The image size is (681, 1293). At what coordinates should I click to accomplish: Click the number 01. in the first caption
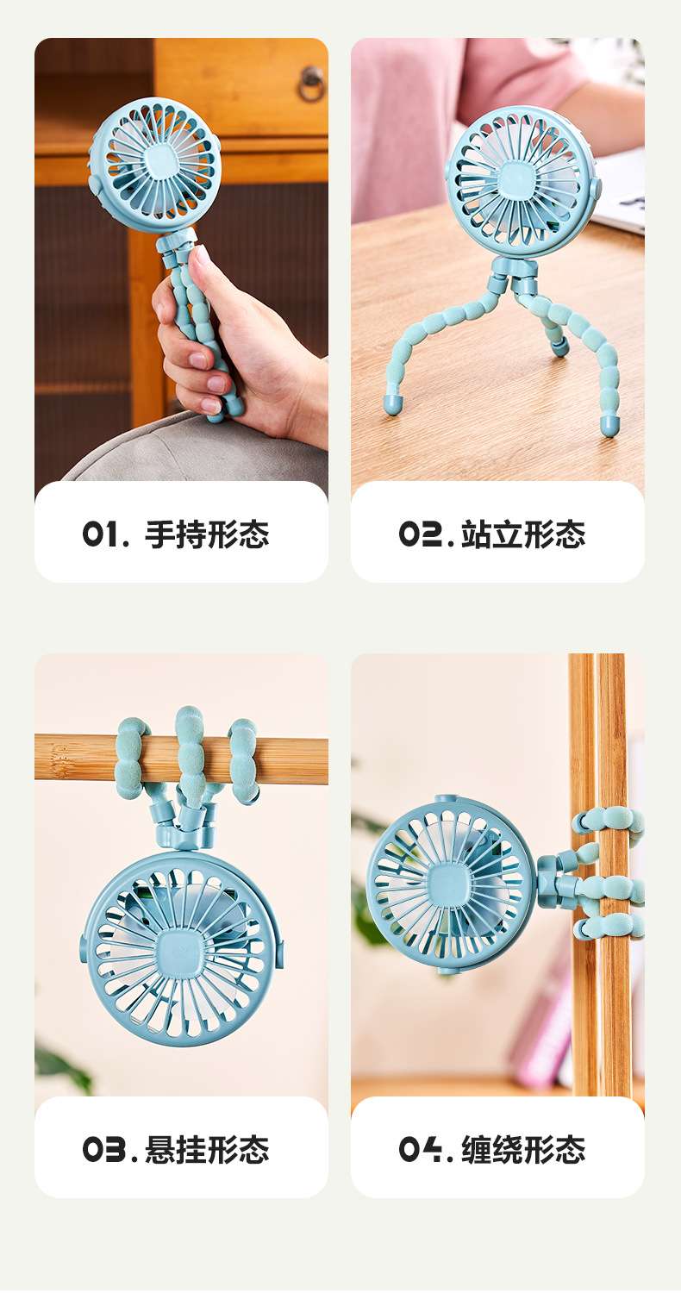click(x=104, y=534)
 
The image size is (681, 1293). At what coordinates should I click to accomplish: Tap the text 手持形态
click(x=207, y=534)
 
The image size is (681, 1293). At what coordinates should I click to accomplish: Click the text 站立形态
click(x=523, y=534)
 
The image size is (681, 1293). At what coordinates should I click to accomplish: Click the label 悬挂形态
click(x=207, y=1150)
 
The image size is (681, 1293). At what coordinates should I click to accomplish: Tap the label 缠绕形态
click(x=523, y=1150)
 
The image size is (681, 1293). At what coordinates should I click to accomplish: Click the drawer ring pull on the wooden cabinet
click(x=311, y=83)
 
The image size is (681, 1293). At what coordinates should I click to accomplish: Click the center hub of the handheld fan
click(x=155, y=164)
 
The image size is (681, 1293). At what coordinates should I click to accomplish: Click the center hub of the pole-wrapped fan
click(x=450, y=883)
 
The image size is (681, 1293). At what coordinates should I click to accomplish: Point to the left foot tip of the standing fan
click(x=391, y=404)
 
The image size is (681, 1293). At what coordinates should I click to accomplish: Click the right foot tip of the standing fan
click(x=610, y=425)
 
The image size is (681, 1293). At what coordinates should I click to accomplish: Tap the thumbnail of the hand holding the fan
click(x=200, y=259)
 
